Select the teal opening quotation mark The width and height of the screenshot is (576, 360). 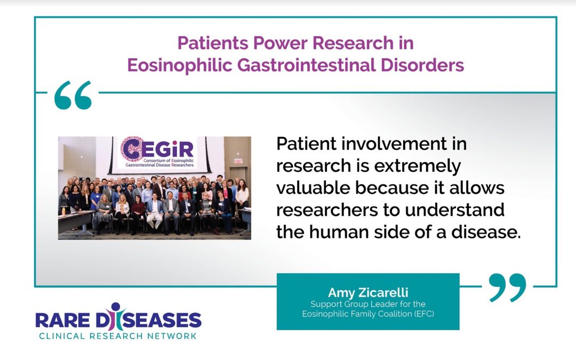coord(73,95)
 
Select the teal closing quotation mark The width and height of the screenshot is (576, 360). coord(507,288)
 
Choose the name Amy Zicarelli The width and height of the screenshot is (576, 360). coord(367,293)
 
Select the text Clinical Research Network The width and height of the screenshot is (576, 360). coord(118,336)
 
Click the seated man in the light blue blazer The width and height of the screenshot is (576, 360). coord(155,210)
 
